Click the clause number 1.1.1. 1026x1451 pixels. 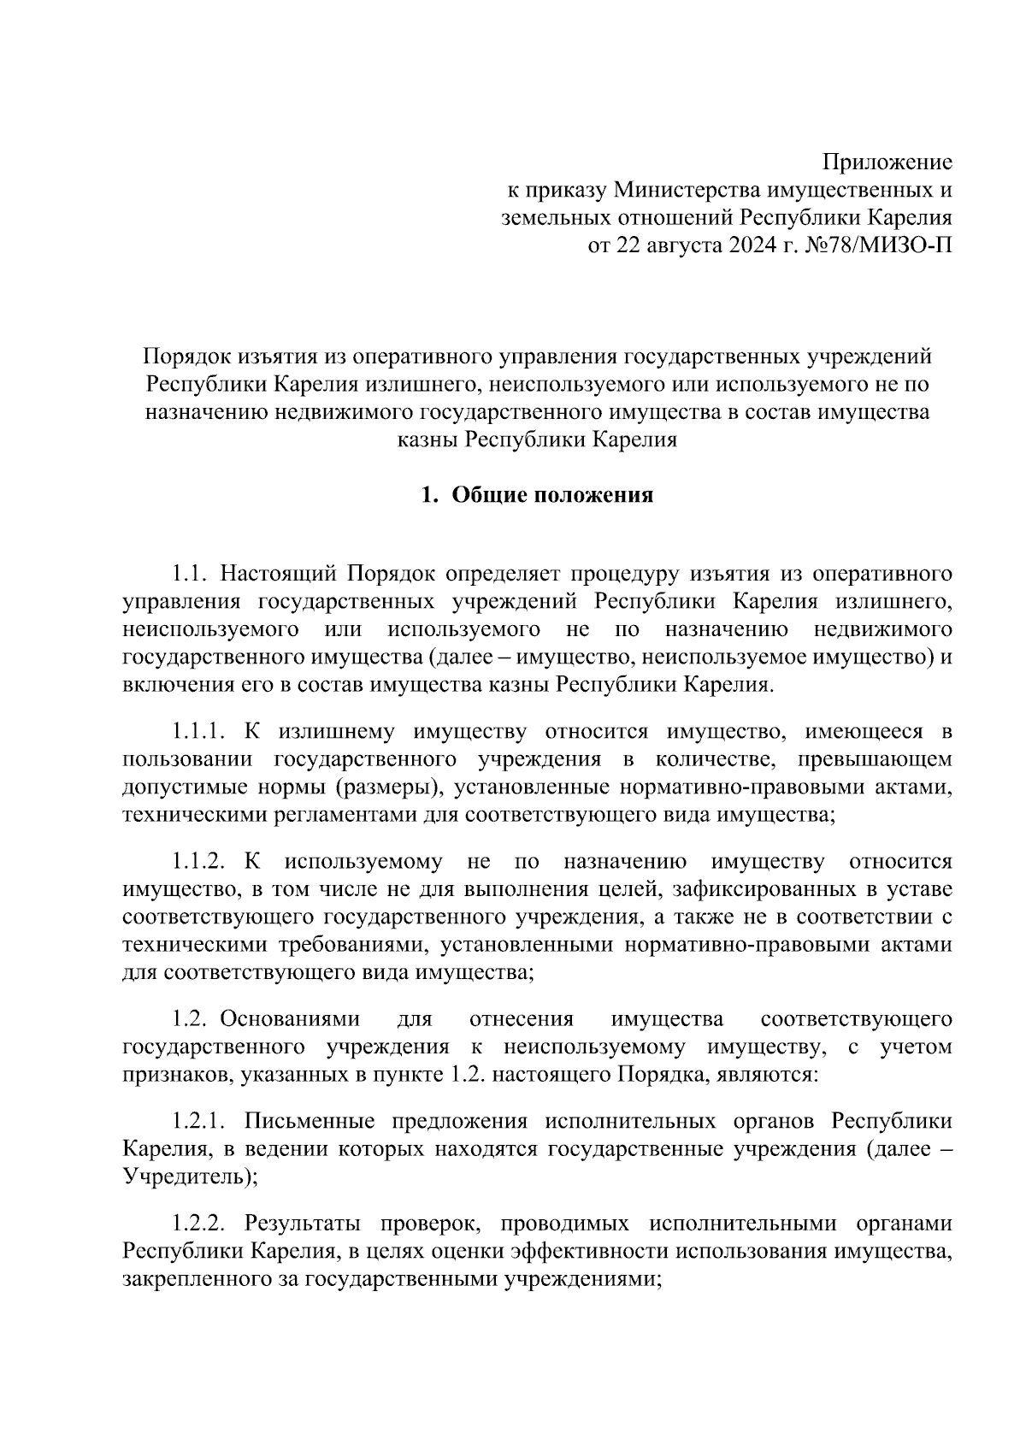[x=198, y=731]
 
